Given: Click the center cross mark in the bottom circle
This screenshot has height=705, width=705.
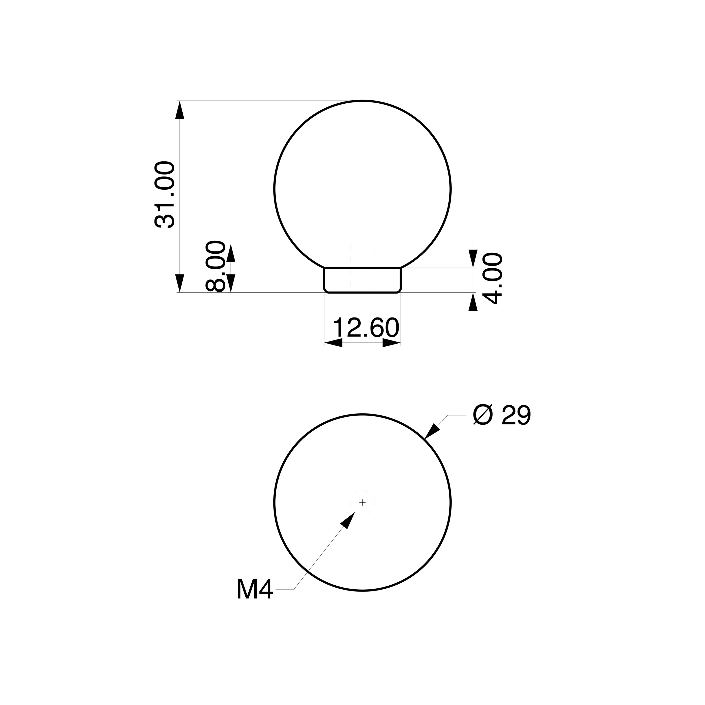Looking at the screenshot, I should coord(362,503).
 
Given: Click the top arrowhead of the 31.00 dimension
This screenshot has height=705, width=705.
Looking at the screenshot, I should coord(180,110).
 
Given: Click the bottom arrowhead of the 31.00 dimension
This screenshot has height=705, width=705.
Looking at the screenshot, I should coord(180,283).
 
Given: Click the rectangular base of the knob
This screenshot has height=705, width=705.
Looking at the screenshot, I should coord(363,280).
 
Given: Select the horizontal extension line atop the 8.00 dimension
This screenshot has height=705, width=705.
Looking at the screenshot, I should coord(299,244).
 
